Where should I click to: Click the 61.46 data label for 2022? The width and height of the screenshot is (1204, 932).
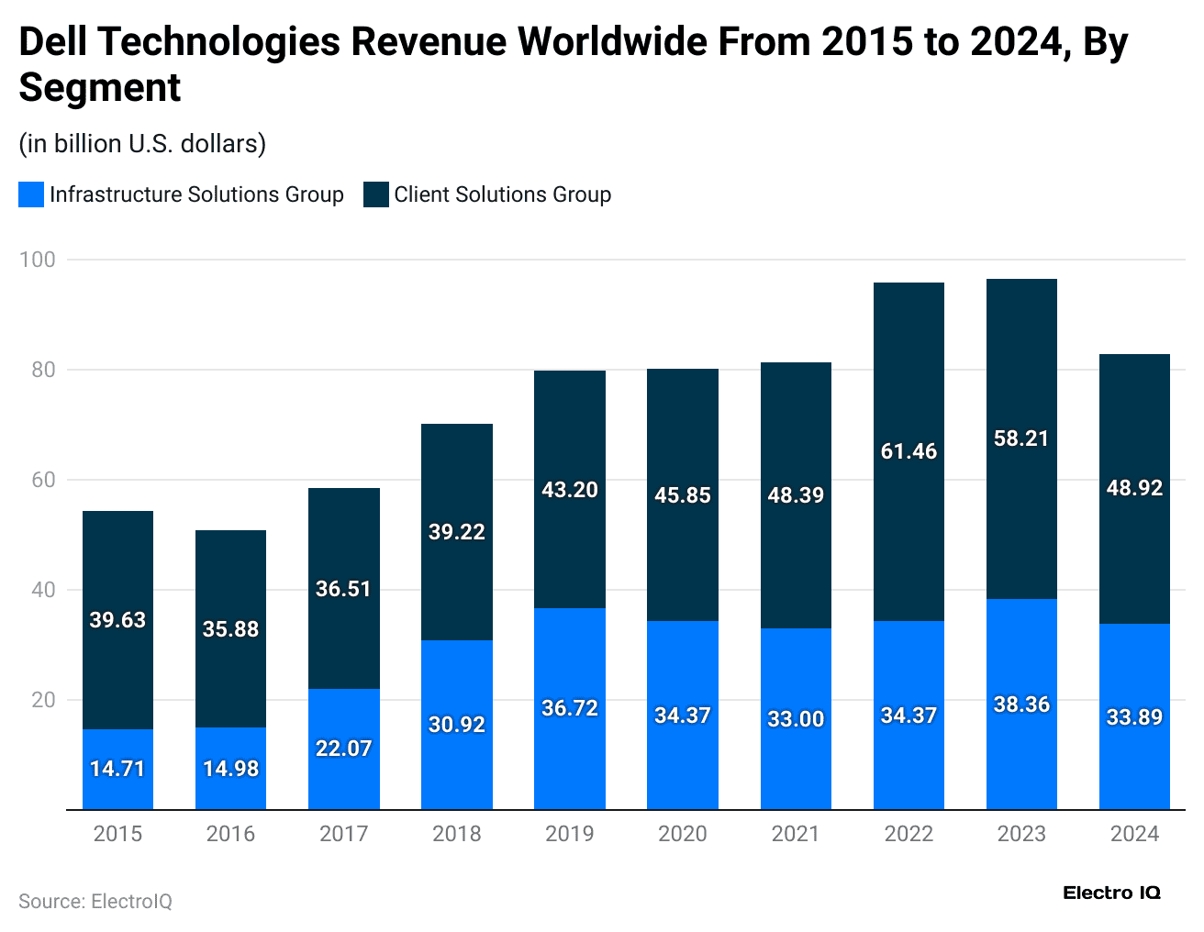pyautogui.click(x=909, y=451)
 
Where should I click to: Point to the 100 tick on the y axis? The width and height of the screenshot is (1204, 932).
pyautogui.click(x=38, y=260)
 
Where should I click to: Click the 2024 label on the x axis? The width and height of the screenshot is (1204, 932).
pyautogui.click(x=1134, y=834)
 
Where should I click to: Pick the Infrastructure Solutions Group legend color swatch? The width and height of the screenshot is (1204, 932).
pyautogui.click(x=31, y=194)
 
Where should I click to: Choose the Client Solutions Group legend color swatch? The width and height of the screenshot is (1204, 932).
pyautogui.click(x=376, y=194)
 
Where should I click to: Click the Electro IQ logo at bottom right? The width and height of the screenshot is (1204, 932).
pyautogui.click(x=1111, y=893)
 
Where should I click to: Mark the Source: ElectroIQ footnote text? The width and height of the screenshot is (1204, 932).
pyautogui.click(x=95, y=902)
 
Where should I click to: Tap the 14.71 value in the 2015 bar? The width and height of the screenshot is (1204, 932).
pyautogui.click(x=117, y=769)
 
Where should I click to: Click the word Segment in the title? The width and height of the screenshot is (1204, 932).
pyautogui.click(x=100, y=88)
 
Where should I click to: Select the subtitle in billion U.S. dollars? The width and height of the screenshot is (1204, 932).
pyautogui.click(x=142, y=144)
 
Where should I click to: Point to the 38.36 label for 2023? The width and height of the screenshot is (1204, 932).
pyautogui.click(x=1021, y=705)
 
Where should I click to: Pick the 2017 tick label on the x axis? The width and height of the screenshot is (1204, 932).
pyautogui.click(x=343, y=834)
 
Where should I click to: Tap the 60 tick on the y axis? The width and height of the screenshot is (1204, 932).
pyautogui.click(x=43, y=480)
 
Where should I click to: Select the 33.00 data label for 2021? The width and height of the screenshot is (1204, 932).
pyautogui.click(x=796, y=719)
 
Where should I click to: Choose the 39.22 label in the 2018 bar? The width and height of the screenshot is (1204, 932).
pyautogui.click(x=457, y=532)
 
